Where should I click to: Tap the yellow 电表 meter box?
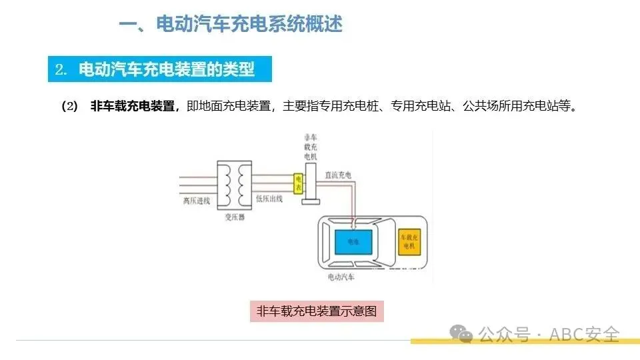pos(299,184)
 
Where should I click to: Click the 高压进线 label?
pos(196,199)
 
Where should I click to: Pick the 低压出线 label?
pos(269,199)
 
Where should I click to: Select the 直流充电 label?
pos(337,175)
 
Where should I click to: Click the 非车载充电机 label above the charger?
pos(310,146)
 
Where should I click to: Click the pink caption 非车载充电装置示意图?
pos(317,311)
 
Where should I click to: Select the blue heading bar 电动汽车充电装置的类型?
pos(161,69)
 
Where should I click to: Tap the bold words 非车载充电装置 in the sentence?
pos(132,107)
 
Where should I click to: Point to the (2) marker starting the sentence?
pos(69,107)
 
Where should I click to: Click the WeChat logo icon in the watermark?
pos(461,333)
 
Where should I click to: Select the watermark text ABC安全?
pos(584,334)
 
